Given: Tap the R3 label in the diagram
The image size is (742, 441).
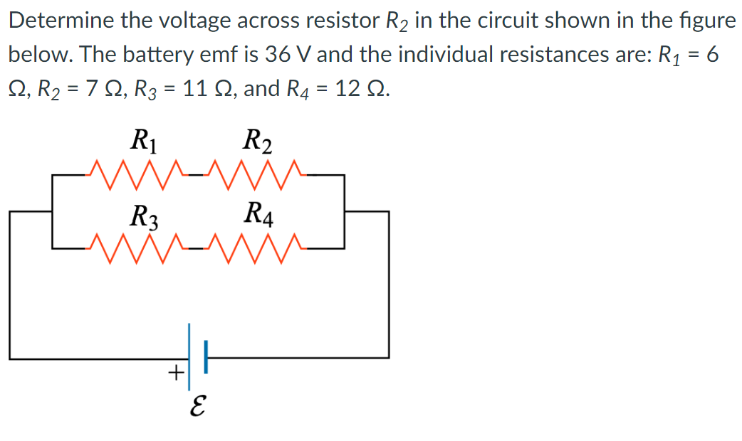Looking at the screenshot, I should click(145, 216).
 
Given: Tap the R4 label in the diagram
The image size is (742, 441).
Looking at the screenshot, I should click(256, 213).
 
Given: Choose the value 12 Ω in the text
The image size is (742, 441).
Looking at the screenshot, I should click(363, 89).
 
